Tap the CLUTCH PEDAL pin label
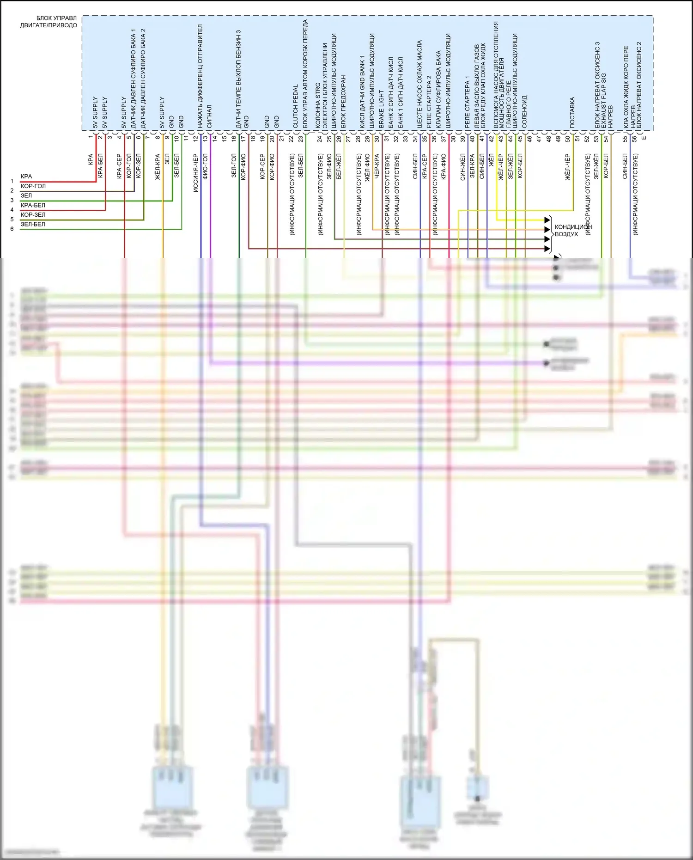(x=295, y=106)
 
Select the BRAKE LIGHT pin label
(x=382, y=109)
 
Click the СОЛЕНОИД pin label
(x=524, y=112)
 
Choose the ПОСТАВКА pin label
(x=572, y=112)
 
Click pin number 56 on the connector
(x=634, y=138)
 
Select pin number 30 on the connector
(x=377, y=138)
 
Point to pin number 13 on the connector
(x=205, y=138)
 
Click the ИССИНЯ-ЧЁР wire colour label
(x=196, y=173)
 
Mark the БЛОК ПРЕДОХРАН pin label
(x=343, y=102)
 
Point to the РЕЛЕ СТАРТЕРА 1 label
(x=467, y=102)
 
